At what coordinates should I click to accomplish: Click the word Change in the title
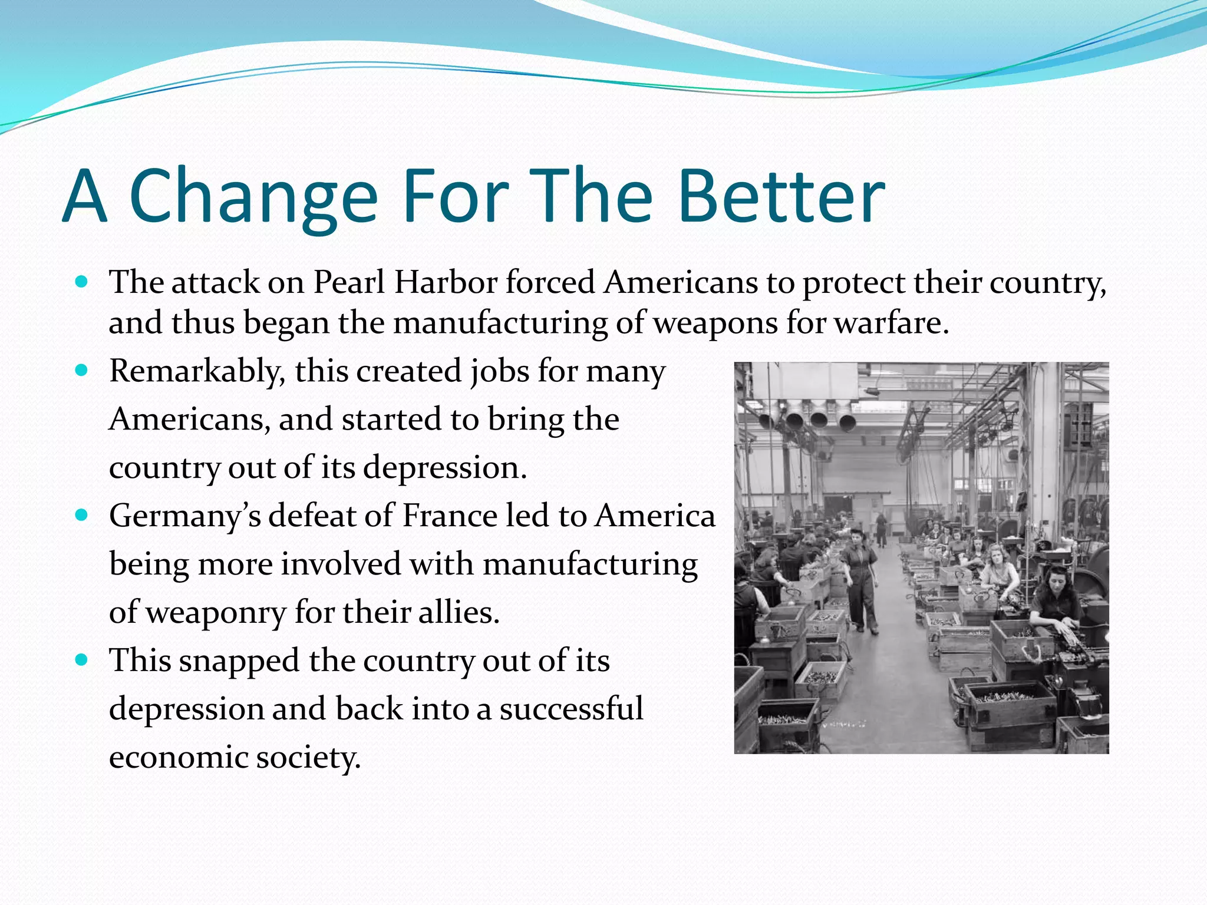[x=253, y=197]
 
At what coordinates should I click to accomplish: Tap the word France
[x=450, y=516]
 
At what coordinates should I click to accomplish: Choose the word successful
[x=571, y=709]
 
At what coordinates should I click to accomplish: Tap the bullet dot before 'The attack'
[x=82, y=282]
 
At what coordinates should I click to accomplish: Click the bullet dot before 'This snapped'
[x=82, y=660]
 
